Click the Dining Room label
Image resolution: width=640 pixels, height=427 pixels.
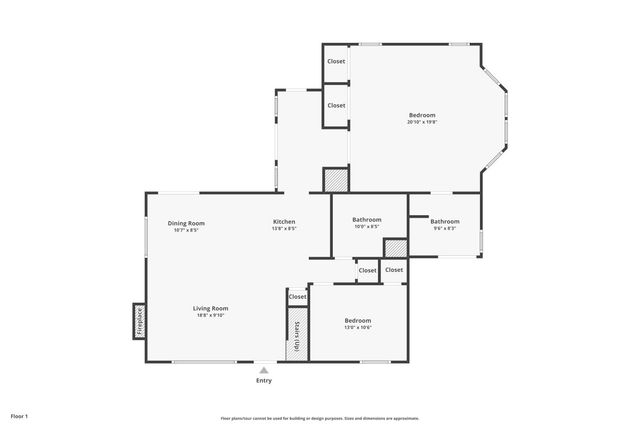pyautogui.click(x=186, y=222)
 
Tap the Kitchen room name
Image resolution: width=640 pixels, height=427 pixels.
pyautogui.click(x=284, y=221)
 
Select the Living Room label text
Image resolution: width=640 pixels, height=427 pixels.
pyautogui.click(x=210, y=308)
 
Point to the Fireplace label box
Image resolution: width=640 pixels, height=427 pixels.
pyautogui.click(x=138, y=320)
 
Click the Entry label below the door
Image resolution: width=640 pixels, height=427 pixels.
pyautogui.click(x=264, y=381)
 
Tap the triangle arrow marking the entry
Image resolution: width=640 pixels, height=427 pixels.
pyautogui.click(x=264, y=369)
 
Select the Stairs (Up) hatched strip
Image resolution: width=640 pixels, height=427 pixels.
pyautogui.click(x=297, y=334)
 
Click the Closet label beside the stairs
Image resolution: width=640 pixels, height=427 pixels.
pyautogui.click(x=298, y=297)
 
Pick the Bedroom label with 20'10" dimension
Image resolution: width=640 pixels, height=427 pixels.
pyautogui.click(x=422, y=115)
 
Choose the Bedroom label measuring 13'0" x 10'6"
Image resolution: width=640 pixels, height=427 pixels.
pyautogui.click(x=358, y=320)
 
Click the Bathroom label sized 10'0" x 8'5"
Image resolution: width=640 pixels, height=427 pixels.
pyautogui.click(x=367, y=220)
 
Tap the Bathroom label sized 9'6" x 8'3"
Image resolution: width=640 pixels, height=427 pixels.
pyautogui.click(x=445, y=221)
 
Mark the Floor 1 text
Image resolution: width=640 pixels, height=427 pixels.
pyautogui.click(x=20, y=415)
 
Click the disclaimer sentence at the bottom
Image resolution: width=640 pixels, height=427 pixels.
pyautogui.click(x=320, y=418)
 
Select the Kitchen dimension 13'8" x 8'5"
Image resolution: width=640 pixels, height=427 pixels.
pyautogui.click(x=284, y=229)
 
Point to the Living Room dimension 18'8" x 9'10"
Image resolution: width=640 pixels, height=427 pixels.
pyautogui.click(x=210, y=316)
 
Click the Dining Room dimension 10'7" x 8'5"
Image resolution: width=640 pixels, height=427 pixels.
pyautogui.click(x=186, y=230)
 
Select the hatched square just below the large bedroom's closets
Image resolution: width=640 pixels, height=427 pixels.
pyautogui.click(x=335, y=179)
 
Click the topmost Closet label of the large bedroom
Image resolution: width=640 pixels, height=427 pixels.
pyautogui.click(x=336, y=62)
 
